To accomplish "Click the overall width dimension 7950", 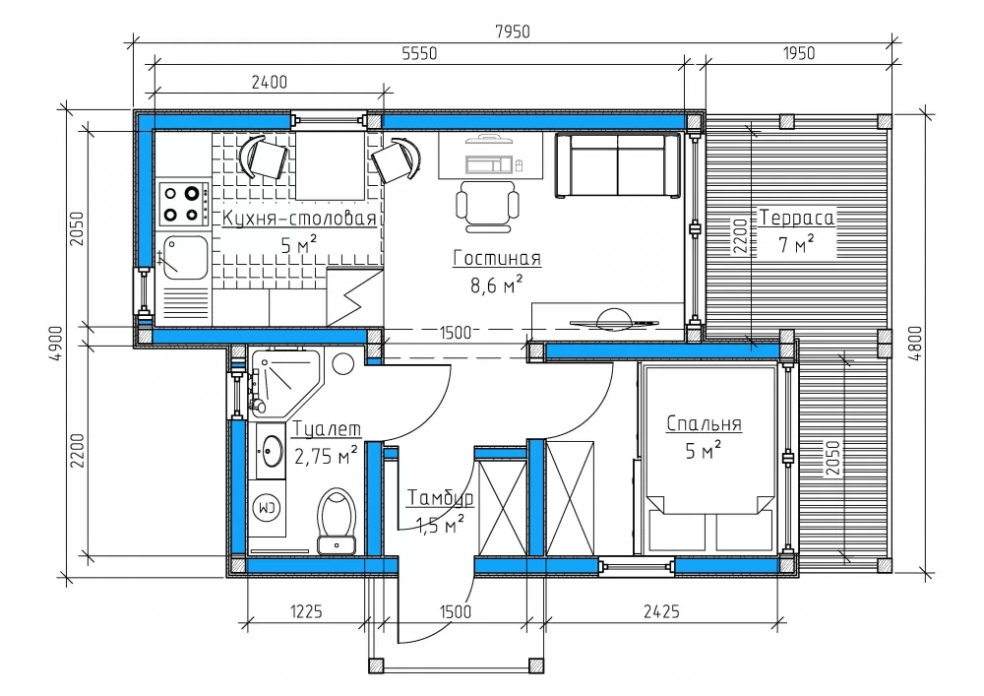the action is pyautogui.click(x=513, y=32).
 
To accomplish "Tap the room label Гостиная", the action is pyautogui.click(x=496, y=258).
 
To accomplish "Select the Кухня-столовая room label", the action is pyautogui.click(x=300, y=218).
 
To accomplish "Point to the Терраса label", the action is pyautogui.click(x=797, y=218).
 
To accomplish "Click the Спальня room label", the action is pyautogui.click(x=704, y=423).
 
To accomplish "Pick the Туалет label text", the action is pyautogui.click(x=327, y=428).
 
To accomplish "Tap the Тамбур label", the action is pyautogui.click(x=441, y=498).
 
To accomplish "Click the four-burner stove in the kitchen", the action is pyautogui.click(x=183, y=204).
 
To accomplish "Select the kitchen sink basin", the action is pyautogui.click(x=185, y=257).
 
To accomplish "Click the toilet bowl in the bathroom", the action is pyautogui.click(x=337, y=521).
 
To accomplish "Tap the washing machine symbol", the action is pyautogui.click(x=268, y=508).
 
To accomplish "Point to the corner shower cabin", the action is pyautogui.click(x=283, y=383).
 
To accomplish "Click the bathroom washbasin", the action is pyautogui.click(x=272, y=451).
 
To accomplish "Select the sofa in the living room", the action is pyautogui.click(x=617, y=165).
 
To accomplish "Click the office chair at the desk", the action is pyautogui.click(x=488, y=207).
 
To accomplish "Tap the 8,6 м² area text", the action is pyautogui.click(x=496, y=285).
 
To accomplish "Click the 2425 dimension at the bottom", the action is pyautogui.click(x=661, y=610).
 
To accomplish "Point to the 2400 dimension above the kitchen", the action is pyautogui.click(x=270, y=83).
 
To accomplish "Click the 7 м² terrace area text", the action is pyautogui.click(x=796, y=243).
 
